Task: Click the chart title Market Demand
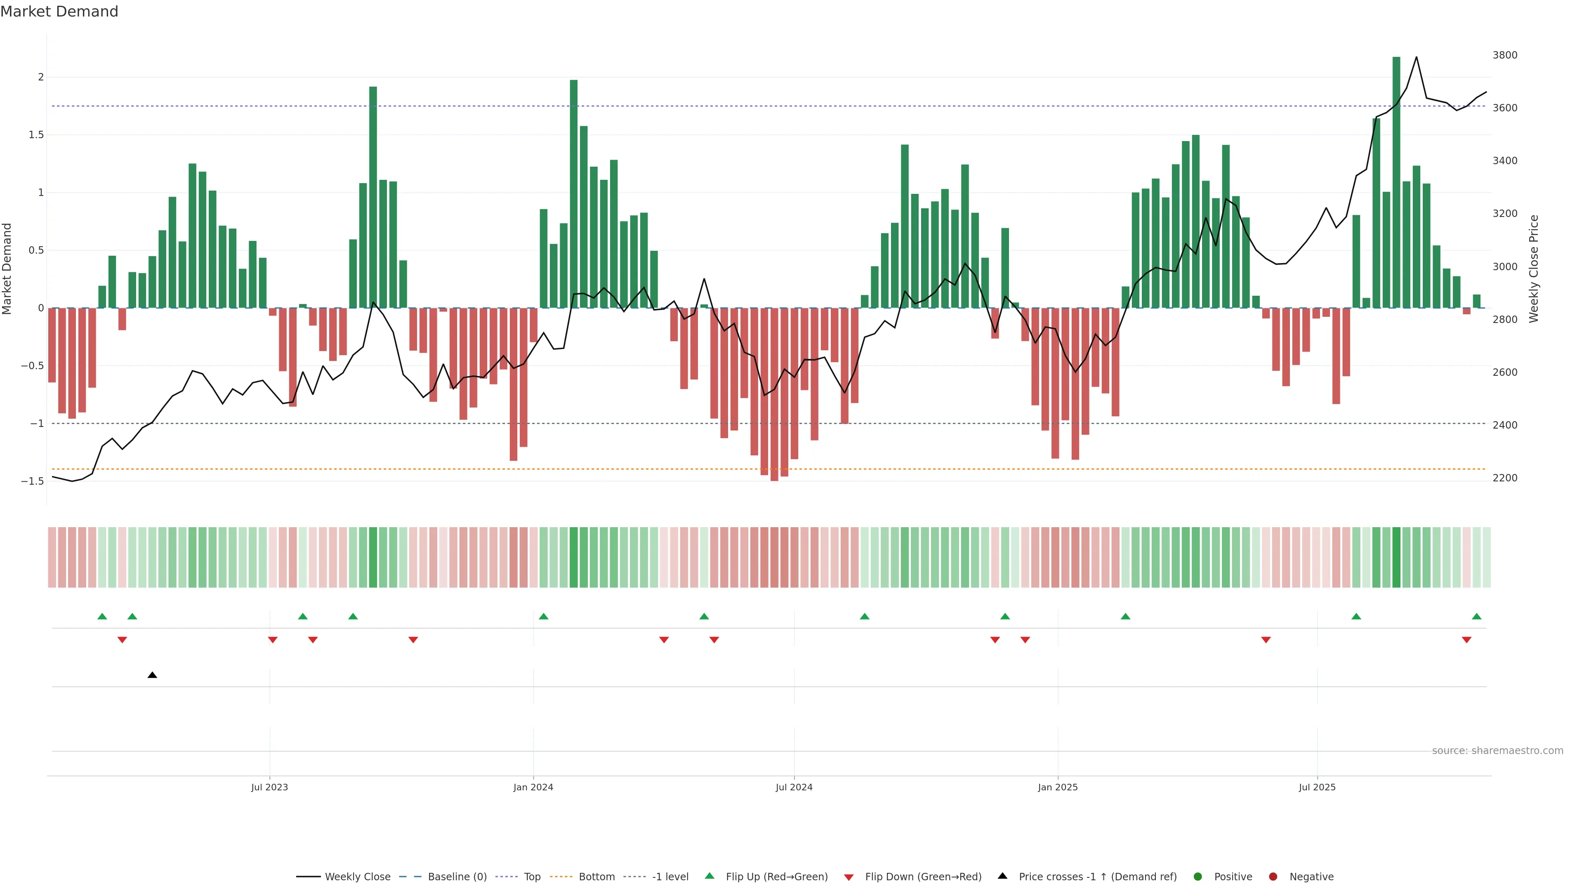click(x=59, y=12)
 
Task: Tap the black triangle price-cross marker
click(x=153, y=675)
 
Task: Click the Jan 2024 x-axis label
click(x=533, y=787)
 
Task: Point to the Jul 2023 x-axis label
click(x=269, y=787)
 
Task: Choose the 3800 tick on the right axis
click(x=1505, y=55)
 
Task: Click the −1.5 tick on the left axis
click(x=33, y=481)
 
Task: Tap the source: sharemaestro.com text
click(x=1497, y=751)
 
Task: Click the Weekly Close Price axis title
click(x=1534, y=269)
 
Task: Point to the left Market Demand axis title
click(x=7, y=269)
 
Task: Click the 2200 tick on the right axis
click(x=1505, y=478)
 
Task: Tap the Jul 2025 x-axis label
click(x=1317, y=787)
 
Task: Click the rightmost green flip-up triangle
click(x=1476, y=616)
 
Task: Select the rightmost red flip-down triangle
click(x=1466, y=640)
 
